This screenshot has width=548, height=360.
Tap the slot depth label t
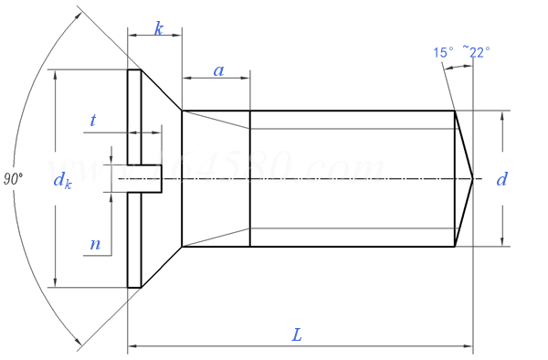(x=93, y=120)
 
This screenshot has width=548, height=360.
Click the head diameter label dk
(x=62, y=181)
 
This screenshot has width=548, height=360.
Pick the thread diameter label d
(x=501, y=179)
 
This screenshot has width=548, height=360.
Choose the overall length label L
(x=297, y=334)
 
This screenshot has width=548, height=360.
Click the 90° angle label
(x=13, y=180)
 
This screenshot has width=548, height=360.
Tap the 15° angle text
(x=444, y=52)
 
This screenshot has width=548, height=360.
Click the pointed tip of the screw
(x=472, y=178)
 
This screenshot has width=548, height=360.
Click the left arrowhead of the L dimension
(x=132, y=346)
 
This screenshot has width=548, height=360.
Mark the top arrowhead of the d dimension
(x=501, y=115)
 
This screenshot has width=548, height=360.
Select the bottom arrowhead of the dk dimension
(x=58, y=282)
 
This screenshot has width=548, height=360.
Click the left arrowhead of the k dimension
(x=132, y=37)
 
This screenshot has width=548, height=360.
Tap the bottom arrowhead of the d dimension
(x=501, y=241)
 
